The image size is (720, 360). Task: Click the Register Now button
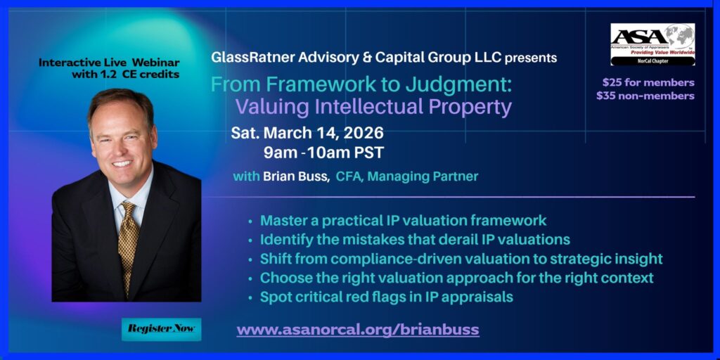(x=161, y=329)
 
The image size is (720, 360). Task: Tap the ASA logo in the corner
(x=652, y=44)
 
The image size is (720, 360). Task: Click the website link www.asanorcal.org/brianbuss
(x=358, y=329)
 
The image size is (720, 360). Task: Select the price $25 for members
(x=648, y=83)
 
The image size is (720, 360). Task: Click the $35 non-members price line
(x=645, y=96)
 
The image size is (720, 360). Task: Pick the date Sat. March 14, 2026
(x=307, y=133)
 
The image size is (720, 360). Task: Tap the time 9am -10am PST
(x=323, y=153)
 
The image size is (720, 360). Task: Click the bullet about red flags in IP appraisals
(x=386, y=297)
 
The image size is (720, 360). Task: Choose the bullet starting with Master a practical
(x=403, y=220)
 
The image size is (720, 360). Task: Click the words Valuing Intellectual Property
(x=373, y=107)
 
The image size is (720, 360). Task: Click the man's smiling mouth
(x=122, y=163)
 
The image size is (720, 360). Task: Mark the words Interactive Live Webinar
(x=109, y=63)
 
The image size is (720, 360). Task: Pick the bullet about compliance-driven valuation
(x=461, y=259)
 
